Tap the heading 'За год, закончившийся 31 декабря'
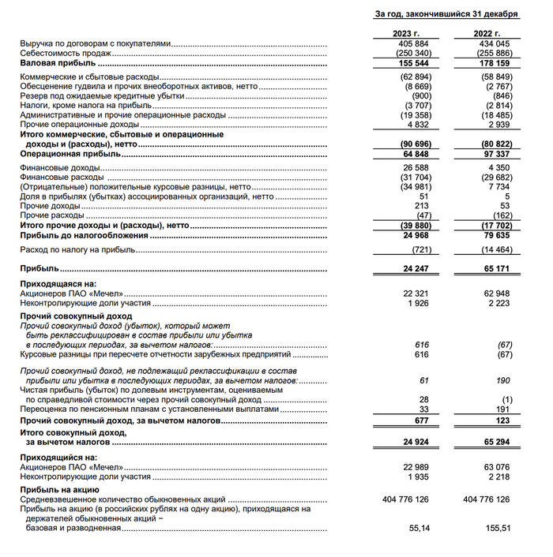(x=446, y=14)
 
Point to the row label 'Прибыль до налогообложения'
(x=77, y=234)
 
